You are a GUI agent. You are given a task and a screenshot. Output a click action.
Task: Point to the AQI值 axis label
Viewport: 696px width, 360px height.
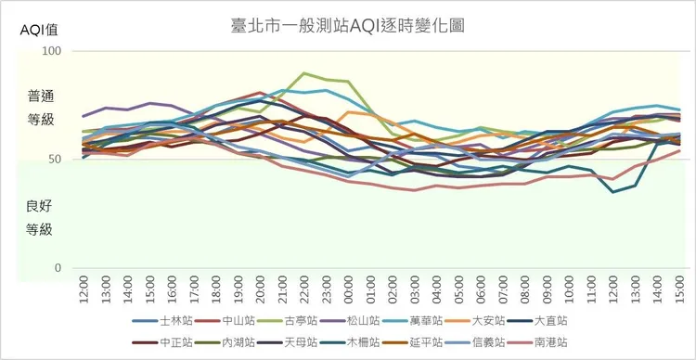(40, 31)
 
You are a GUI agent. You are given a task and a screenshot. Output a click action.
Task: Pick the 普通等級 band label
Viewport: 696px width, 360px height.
(40, 108)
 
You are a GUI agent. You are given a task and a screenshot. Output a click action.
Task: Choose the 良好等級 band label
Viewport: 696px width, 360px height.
(40, 217)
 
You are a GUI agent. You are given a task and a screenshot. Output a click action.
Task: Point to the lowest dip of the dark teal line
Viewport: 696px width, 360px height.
(612, 192)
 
